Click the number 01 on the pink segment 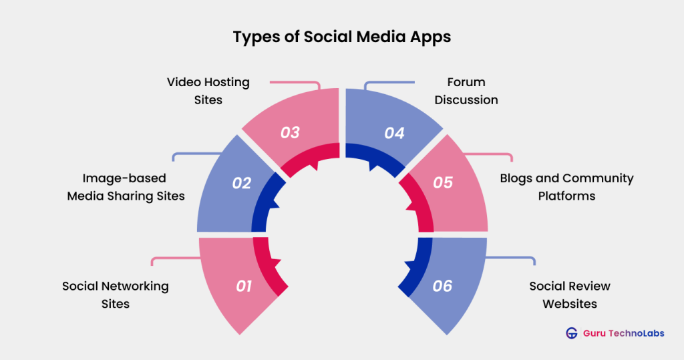pos(244,287)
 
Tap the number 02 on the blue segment pos(241,182)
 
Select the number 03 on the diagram pos(290,132)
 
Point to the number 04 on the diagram pos(394,133)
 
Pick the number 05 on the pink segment pos(443,182)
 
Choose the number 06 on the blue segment pos(442,287)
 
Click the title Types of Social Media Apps pos(341,37)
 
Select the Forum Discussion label pos(466,91)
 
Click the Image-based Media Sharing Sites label pos(126,187)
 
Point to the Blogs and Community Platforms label pos(566,187)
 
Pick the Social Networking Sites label pos(116,295)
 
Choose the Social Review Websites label pos(570,295)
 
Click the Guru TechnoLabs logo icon pos(571,333)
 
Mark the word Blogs pos(516,178)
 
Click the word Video pos(184,82)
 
